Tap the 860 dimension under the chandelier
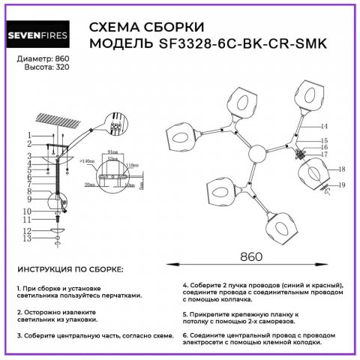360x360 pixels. click(x=253, y=255)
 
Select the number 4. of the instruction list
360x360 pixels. click(x=185, y=286)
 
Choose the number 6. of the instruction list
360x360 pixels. click(x=185, y=334)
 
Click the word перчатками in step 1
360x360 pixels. click(x=121, y=295)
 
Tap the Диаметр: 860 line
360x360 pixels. click(x=42, y=58)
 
